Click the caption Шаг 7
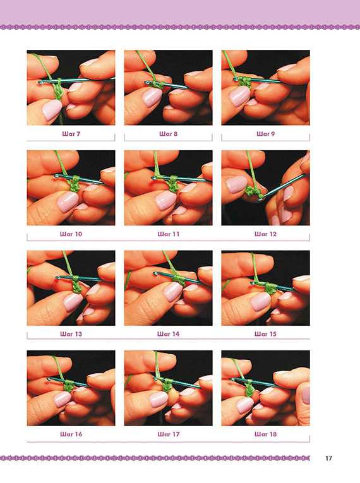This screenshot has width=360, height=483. pyautogui.click(x=71, y=134)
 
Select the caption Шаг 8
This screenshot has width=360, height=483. pyautogui.click(x=168, y=134)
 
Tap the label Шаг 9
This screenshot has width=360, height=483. pyautogui.click(x=266, y=134)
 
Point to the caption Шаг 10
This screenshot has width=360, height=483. pyautogui.click(x=71, y=234)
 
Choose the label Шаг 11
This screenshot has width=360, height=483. pyautogui.click(x=168, y=234)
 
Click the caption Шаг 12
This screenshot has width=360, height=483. pyautogui.click(x=266, y=234)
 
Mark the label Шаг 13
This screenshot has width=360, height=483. pyautogui.click(x=71, y=334)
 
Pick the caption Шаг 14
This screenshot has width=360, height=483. pyautogui.click(x=168, y=334)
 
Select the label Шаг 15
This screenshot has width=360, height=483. pyautogui.click(x=266, y=334)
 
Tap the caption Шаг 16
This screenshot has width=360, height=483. pyautogui.click(x=71, y=434)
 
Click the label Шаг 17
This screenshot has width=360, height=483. pyautogui.click(x=168, y=434)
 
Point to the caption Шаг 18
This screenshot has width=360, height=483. pyautogui.click(x=266, y=434)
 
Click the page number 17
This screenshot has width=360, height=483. pyautogui.click(x=328, y=458)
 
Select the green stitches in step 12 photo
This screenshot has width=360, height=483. pyautogui.click(x=254, y=193)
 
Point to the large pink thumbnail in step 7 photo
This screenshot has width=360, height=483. pyautogui.click(x=52, y=110)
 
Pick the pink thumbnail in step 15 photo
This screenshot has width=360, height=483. pyautogui.click(x=261, y=302)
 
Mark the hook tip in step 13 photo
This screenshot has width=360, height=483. pyautogui.click(x=57, y=278)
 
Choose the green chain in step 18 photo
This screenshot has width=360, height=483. pyautogui.click(x=250, y=389)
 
